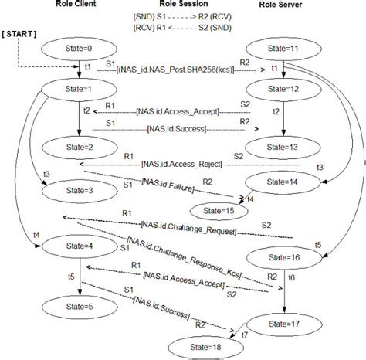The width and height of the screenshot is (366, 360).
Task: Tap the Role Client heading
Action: coord(76,5)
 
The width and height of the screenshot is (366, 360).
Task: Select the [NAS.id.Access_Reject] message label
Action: coord(182,163)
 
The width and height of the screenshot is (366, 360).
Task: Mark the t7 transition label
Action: coord(245,335)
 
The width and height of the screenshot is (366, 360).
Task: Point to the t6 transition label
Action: coord(290,276)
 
